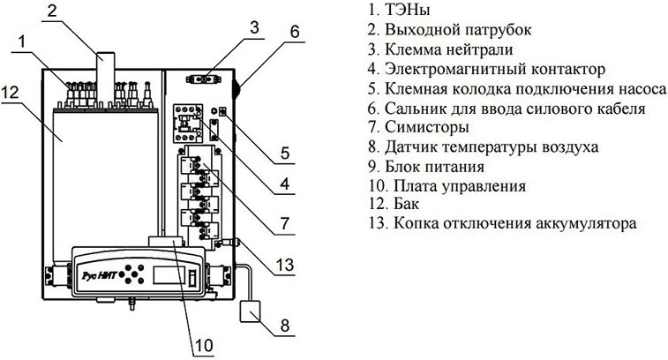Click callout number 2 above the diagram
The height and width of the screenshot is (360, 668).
[x=52, y=11]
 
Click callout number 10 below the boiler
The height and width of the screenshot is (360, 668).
[x=204, y=345]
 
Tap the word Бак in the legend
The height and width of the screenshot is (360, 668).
[x=407, y=205]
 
